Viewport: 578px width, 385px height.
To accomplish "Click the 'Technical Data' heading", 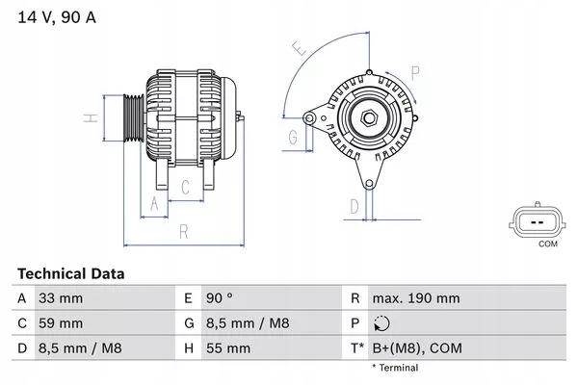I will tap(70, 274).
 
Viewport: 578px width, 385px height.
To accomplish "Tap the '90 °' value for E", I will tap(222, 299).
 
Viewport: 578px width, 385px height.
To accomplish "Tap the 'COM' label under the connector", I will tap(547, 245).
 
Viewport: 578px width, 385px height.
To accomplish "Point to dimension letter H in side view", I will tap(89, 118).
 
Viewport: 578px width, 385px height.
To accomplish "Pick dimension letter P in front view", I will tap(414, 70).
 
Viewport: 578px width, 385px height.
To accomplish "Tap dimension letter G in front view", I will tap(292, 138).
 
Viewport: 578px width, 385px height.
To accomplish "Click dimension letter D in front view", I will tap(354, 205).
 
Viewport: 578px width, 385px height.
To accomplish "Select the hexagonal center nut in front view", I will tap(368, 118).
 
